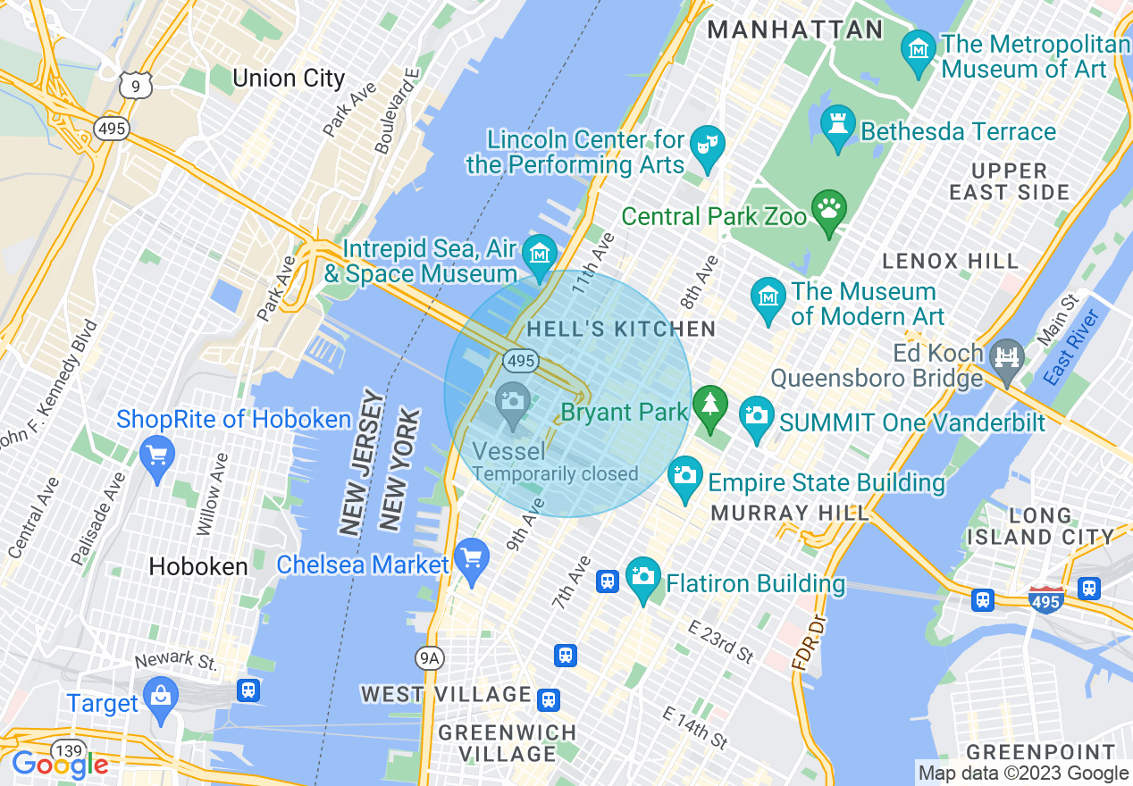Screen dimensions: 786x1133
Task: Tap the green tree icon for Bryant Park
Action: pyautogui.click(x=711, y=406)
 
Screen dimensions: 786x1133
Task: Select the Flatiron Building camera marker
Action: pyautogui.click(x=642, y=576)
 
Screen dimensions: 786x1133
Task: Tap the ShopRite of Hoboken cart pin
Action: pyautogui.click(x=157, y=455)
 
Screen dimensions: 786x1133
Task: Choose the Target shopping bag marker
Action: pyautogui.click(x=161, y=696)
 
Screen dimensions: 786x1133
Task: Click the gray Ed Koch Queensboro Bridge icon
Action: pyautogui.click(x=1007, y=355)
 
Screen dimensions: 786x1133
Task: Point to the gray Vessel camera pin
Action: pyautogui.click(x=513, y=401)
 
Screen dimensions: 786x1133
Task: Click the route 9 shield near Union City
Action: pyautogui.click(x=136, y=86)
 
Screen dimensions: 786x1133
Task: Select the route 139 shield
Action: pyautogui.click(x=67, y=748)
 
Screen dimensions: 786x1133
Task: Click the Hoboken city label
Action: pyautogui.click(x=198, y=566)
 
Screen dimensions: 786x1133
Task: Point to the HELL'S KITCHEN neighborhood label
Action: pyautogui.click(x=621, y=329)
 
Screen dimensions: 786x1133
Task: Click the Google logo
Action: pyautogui.click(x=60, y=765)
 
